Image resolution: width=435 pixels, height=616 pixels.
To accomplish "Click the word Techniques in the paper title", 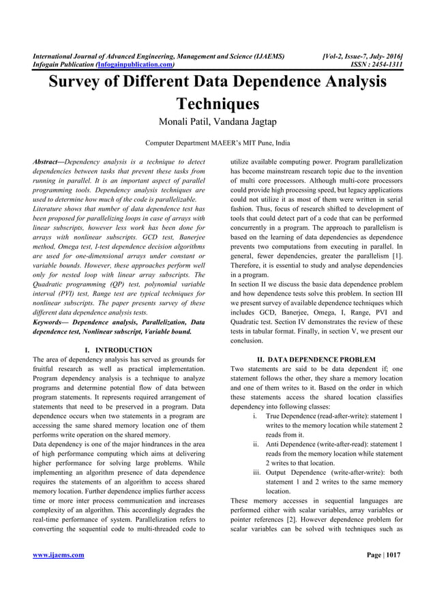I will click(217, 104).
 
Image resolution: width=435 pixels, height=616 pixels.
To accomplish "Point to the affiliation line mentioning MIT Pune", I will click(217, 144).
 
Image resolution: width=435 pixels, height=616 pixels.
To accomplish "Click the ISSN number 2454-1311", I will click(385, 65).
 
